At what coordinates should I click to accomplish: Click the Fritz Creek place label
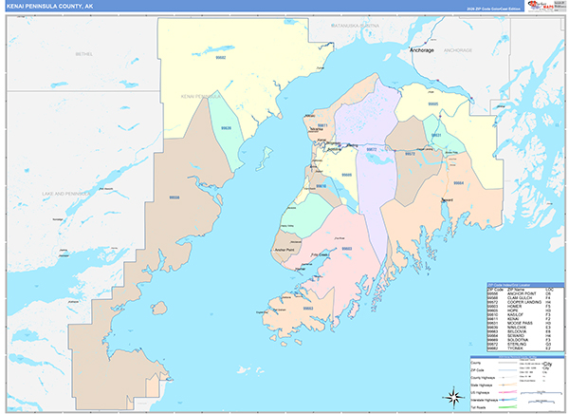tap(319, 254)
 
